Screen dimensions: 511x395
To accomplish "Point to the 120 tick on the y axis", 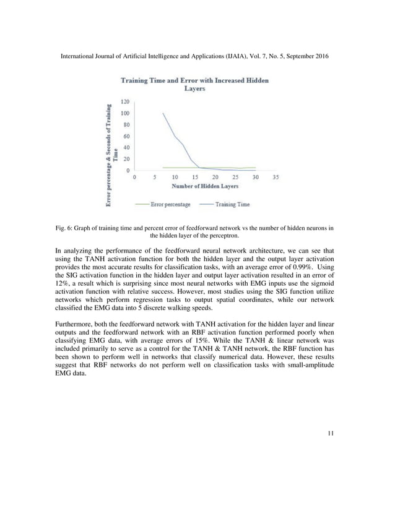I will pyautogui.click(x=124, y=102).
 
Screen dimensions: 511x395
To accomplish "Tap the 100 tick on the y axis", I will pyautogui.click(x=124, y=113).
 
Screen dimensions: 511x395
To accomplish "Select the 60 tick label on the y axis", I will pyautogui.click(x=126, y=136).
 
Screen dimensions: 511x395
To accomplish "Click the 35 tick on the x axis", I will pyautogui.click(x=276, y=176).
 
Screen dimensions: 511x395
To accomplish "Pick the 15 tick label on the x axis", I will pyautogui.click(x=195, y=176).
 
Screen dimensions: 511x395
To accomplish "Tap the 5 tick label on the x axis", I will pyautogui.click(x=155, y=176).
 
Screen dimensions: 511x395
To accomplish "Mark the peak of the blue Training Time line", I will pyautogui.click(x=163, y=113).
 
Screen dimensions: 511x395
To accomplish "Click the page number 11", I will pyautogui.click(x=330, y=432).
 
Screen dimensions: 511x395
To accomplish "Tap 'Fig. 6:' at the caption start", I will pyautogui.click(x=64, y=228).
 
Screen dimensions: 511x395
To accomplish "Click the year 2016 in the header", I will pyautogui.click(x=319, y=56).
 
